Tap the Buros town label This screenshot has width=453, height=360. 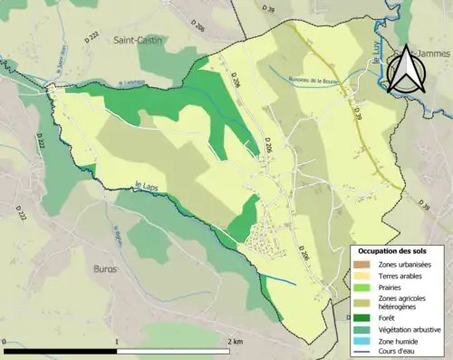pyautogui.click(x=106, y=269)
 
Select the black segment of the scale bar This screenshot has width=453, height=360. pyautogui.click(x=61, y=352)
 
